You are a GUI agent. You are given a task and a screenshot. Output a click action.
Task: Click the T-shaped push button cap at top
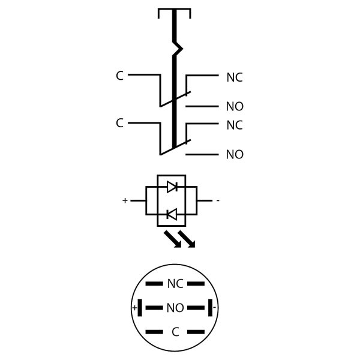click(x=174, y=11)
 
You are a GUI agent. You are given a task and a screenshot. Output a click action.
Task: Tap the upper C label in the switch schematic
click(x=119, y=76)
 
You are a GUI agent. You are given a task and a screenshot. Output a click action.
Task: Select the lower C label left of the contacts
click(x=119, y=124)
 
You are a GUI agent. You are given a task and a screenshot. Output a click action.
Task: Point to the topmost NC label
click(x=234, y=78)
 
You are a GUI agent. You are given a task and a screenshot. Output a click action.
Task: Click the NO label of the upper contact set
click(x=234, y=107)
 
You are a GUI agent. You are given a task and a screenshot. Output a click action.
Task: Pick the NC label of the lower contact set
click(x=234, y=126)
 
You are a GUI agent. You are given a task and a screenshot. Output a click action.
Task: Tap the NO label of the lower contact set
click(x=234, y=155)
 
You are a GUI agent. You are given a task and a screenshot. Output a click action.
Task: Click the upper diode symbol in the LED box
click(x=172, y=187)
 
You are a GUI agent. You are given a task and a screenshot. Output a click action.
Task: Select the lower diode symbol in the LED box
click(x=172, y=214)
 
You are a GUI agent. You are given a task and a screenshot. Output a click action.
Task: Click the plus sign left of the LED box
click(x=125, y=200)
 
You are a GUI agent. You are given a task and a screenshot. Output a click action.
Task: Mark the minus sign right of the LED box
click(x=217, y=200)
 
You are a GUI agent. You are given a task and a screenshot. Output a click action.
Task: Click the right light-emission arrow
click(x=187, y=239)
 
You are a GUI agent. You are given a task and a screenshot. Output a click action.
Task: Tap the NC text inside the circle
click(x=175, y=284)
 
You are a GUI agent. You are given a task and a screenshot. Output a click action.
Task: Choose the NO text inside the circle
click(x=175, y=308)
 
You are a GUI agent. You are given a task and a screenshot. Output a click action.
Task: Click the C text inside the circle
click(x=175, y=332)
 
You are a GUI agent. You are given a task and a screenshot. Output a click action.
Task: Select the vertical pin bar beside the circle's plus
click(x=140, y=308)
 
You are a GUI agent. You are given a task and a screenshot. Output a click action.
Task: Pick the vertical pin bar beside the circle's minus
click(x=209, y=308)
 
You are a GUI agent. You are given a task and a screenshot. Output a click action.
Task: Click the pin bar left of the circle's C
click(x=154, y=332)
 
